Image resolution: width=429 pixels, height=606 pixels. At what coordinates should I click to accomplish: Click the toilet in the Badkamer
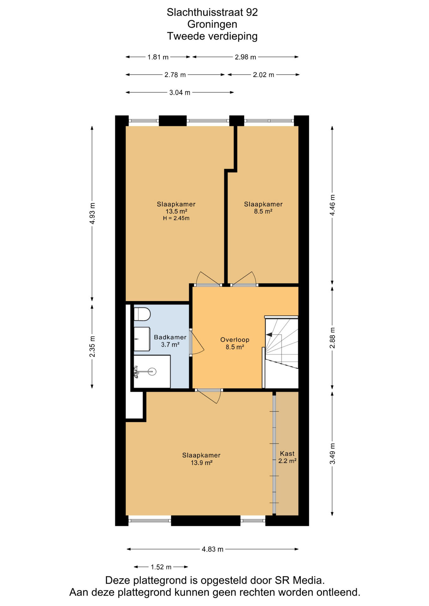tap(142, 314)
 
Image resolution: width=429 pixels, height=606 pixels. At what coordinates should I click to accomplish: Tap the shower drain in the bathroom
tap(152, 371)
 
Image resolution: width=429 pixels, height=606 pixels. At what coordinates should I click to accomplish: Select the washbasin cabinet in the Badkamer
tap(142, 339)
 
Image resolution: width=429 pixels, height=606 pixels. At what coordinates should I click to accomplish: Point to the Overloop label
tap(235, 340)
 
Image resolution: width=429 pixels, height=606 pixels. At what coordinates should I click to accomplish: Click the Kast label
tap(287, 454)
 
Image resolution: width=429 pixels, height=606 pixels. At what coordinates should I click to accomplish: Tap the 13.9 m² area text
tap(202, 463)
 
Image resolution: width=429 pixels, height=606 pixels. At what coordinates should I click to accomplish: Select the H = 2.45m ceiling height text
tap(176, 218)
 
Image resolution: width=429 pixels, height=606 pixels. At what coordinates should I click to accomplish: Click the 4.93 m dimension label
tap(92, 213)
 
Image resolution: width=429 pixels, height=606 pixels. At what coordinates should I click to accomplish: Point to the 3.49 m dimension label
tap(332, 454)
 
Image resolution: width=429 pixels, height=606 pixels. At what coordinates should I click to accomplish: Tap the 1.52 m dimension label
tap(161, 567)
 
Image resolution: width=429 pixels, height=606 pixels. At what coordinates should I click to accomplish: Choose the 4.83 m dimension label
tap(213, 549)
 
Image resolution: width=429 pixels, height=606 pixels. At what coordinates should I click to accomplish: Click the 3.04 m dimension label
tap(180, 92)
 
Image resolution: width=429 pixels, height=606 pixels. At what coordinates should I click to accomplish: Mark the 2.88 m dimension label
tap(332, 338)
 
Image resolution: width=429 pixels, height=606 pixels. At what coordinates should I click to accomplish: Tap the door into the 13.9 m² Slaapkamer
tap(208, 396)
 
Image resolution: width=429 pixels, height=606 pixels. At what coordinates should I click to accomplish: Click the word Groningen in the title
tap(212, 24)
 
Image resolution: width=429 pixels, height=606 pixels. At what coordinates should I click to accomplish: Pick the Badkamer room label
tap(170, 337)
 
